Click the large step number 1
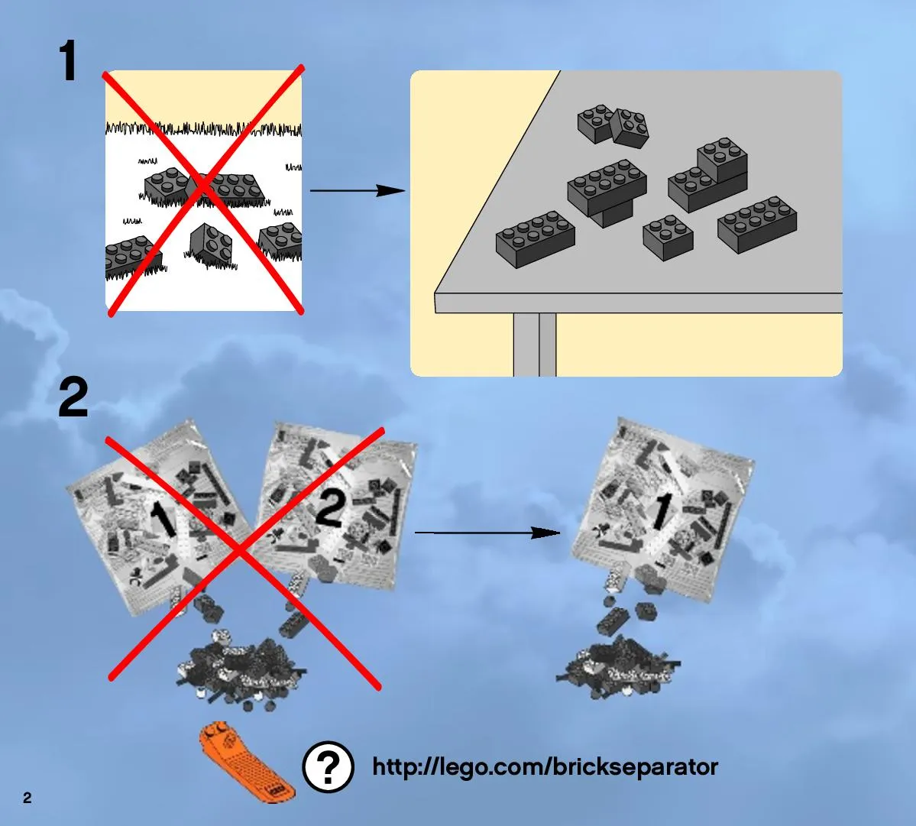tap(68, 60)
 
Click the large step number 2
tap(73, 397)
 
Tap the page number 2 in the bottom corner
tap(27, 798)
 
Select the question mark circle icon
tap(328, 766)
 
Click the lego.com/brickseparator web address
tap(545, 767)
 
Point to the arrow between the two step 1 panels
tap(357, 190)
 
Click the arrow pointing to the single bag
tap(487, 533)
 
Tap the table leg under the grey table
tap(535, 345)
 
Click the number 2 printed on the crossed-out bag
tap(330, 510)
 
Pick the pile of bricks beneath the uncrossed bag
tap(618, 667)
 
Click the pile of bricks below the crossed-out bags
tap(241, 672)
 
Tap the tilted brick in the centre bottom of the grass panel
tap(210, 245)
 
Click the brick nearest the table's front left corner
tap(535, 238)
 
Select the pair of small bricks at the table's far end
tap(613, 125)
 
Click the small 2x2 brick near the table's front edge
tap(668, 237)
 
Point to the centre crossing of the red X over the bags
tap(240, 549)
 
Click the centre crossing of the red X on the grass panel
tap(202, 185)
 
